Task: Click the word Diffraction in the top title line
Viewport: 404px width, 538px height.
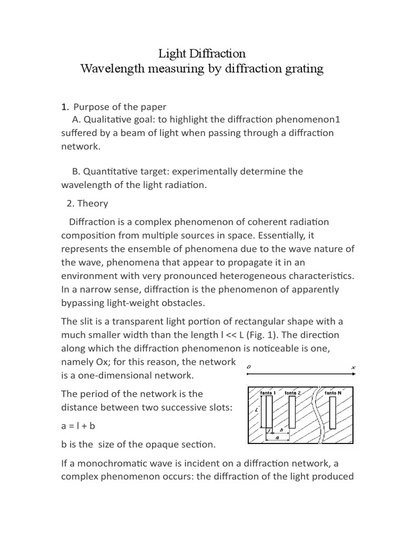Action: click(x=218, y=54)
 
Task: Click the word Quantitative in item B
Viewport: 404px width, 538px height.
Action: click(x=110, y=171)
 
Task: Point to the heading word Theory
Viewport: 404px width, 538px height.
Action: click(x=93, y=203)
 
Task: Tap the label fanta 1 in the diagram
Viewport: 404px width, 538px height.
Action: click(x=268, y=392)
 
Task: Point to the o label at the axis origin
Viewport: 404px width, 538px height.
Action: click(x=248, y=367)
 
